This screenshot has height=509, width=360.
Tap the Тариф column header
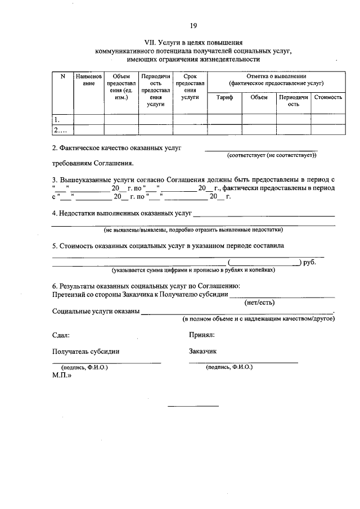click(224, 97)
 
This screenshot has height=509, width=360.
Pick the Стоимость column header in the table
click(328, 97)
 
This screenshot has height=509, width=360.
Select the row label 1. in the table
click(57, 119)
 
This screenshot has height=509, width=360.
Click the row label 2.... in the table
click(60, 130)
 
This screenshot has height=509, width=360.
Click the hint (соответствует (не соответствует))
click(272, 155)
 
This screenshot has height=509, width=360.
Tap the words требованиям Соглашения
click(93, 164)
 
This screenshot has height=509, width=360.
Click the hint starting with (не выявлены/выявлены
click(193, 229)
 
